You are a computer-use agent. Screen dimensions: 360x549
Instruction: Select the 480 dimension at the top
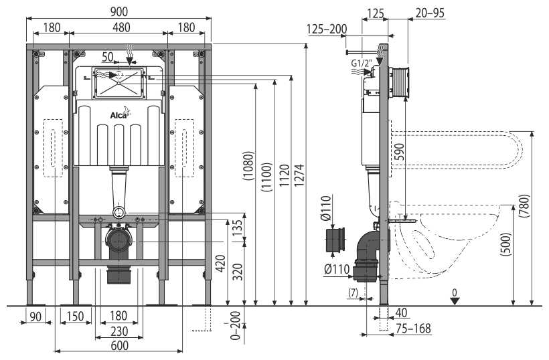click(x=118, y=27)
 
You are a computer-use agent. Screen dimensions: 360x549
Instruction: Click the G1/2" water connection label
click(x=362, y=64)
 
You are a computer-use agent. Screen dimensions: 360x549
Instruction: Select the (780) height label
click(x=524, y=208)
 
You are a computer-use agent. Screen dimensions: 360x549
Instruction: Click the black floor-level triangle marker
click(x=455, y=300)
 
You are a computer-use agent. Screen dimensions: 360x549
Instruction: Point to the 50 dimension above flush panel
click(x=107, y=56)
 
